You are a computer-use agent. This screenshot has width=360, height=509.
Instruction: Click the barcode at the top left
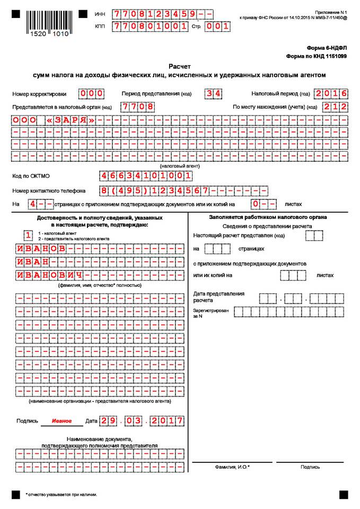point(43,20)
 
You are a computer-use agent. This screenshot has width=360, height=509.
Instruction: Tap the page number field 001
point(218,25)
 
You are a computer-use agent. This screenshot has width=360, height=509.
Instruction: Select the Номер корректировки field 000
point(91,94)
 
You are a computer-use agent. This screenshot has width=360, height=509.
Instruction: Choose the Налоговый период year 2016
point(330,94)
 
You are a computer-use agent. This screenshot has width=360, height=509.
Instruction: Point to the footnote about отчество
point(62,494)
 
